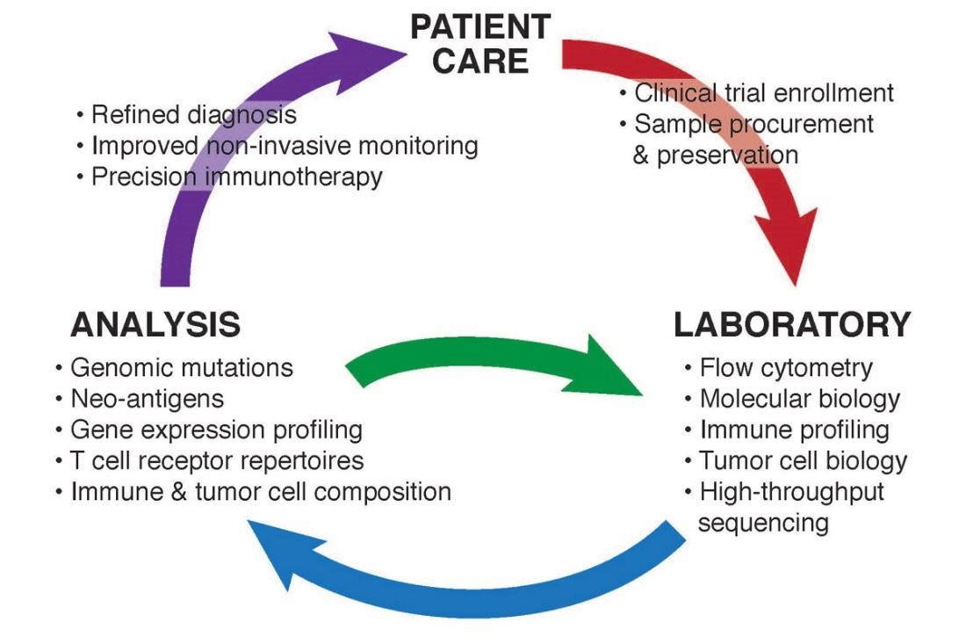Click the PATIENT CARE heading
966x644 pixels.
tap(480, 43)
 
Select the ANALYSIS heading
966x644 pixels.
tap(155, 324)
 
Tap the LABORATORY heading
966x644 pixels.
tap(792, 324)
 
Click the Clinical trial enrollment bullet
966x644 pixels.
tap(763, 92)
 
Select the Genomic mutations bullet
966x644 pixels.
tap(182, 366)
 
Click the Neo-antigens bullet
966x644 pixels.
tap(147, 398)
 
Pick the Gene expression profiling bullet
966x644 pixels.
tap(216, 430)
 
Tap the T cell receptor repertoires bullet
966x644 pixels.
tap(216, 460)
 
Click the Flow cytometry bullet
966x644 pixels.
tap(785, 367)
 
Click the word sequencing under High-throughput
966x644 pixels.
tap(763, 523)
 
